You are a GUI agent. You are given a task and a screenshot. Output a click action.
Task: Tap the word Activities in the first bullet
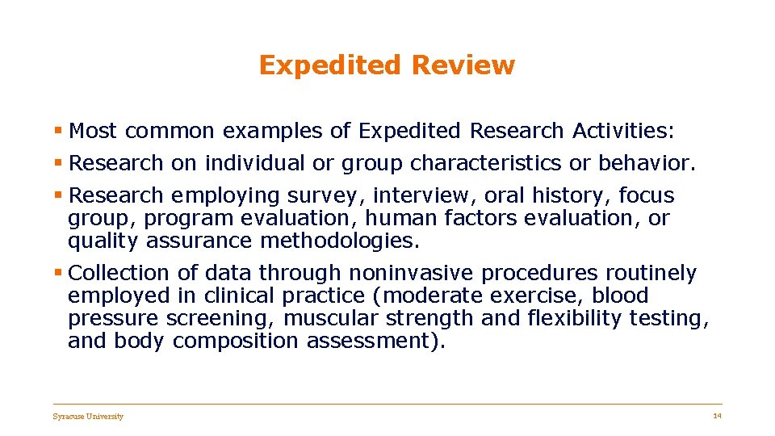tap(623, 131)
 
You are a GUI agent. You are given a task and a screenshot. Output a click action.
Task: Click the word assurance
tap(200, 241)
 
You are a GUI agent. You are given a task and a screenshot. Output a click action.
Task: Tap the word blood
tap(621, 296)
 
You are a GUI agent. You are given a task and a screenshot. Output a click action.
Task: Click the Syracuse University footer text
tap(88, 417)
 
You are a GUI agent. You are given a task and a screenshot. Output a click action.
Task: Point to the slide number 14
tap(716, 416)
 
